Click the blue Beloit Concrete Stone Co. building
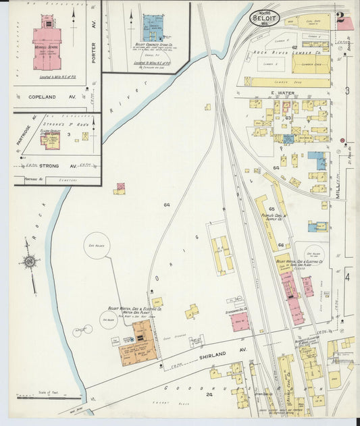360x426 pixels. pos(152,28)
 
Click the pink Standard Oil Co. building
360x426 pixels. pos(239,322)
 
